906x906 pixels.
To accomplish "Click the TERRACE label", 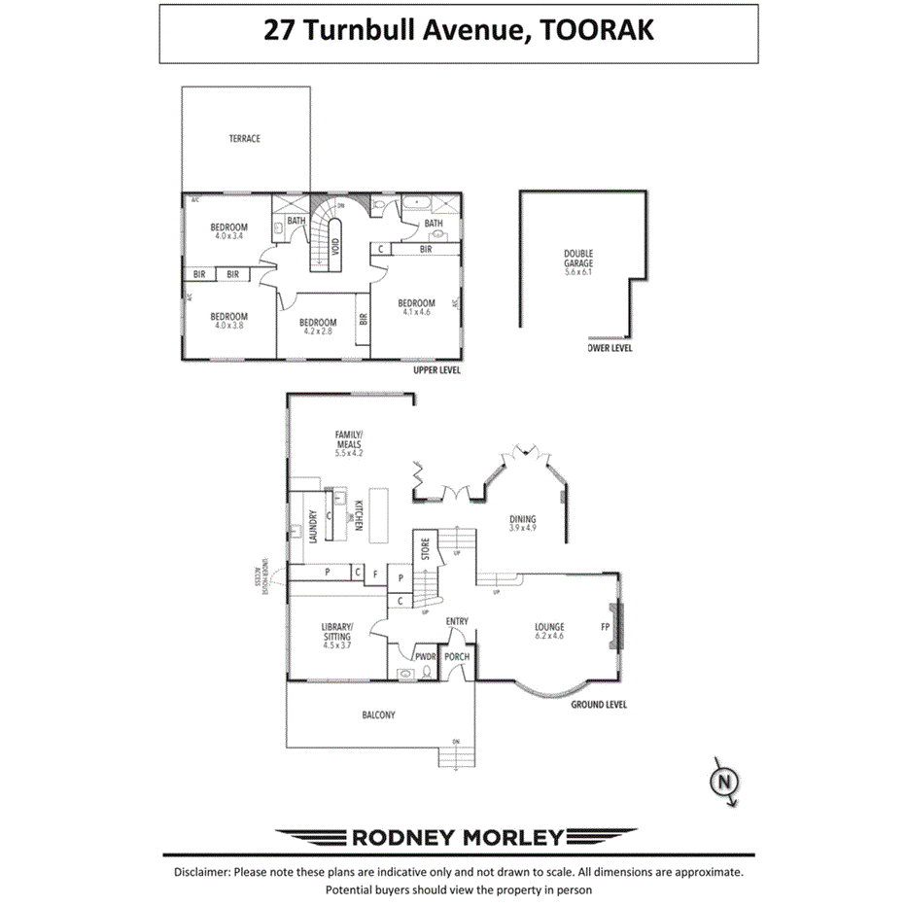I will [244, 139].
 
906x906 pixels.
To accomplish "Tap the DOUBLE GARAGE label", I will [578, 259].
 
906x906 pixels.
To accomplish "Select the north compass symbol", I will [723, 782].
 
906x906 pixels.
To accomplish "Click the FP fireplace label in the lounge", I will [605, 627].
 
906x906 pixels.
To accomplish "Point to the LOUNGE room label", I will [549, 627].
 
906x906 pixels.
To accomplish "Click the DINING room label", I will [522, 519].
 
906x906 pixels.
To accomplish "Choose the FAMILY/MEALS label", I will [348, 439].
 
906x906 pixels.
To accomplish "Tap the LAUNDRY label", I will [314, 528].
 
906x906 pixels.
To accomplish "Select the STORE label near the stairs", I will [425, 549].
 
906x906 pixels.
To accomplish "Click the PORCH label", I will [457, 656].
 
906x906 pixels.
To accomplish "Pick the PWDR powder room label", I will [426, 656].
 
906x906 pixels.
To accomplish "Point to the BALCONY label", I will [378, 714].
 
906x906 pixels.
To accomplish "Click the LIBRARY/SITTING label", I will [336, 631].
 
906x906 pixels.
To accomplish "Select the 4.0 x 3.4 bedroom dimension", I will [229, 236].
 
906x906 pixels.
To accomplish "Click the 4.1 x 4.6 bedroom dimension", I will [416, 312].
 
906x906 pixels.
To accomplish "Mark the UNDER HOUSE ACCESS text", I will [260, 575].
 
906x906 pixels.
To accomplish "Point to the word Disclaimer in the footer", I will [202, 873].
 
